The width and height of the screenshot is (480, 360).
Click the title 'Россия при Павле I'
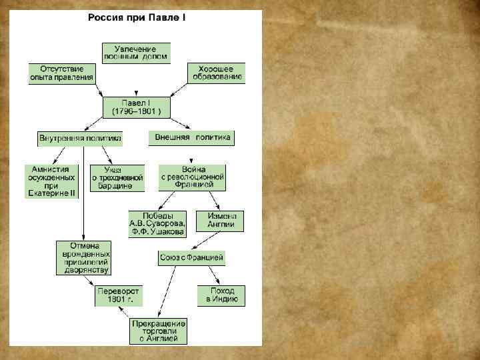137,16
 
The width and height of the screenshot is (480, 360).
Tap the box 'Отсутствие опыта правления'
61,73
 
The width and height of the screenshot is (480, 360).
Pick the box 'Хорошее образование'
216,73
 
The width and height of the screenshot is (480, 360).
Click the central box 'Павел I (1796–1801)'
136,107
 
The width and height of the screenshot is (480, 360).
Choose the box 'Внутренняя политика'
80,139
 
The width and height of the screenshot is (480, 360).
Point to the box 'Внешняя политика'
192,138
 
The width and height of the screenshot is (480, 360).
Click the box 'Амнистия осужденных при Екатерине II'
51,181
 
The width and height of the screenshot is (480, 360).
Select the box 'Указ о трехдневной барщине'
117,178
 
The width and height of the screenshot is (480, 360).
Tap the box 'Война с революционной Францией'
192,178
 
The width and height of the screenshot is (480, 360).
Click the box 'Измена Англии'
220,221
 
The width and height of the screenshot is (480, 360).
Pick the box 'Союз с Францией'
192,257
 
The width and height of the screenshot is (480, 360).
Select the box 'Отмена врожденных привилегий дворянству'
83,258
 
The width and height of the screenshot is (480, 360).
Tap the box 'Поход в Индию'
221,295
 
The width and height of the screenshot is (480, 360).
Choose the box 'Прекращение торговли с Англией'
159,330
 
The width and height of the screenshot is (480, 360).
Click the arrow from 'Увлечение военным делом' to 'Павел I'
136,80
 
